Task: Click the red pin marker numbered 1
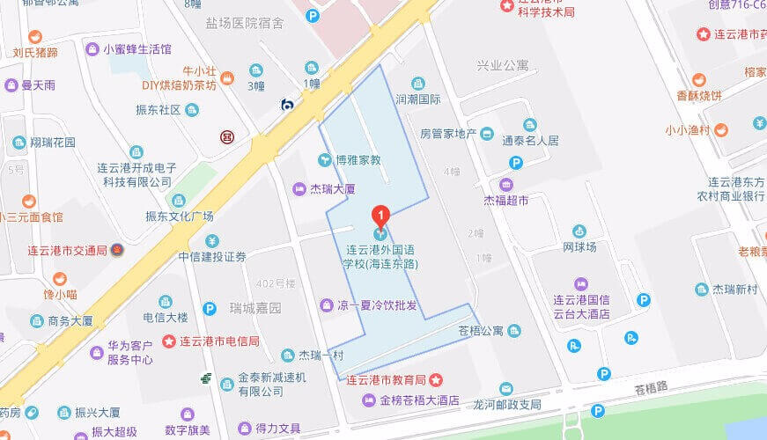coord(380,215)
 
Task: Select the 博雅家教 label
coord(358,160)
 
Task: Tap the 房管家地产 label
coord(447,134)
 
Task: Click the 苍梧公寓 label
coord(480,331)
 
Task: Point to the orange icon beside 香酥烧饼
coord(698,79)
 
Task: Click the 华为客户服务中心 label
coord(129,353)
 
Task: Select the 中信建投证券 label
coord(212,257)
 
